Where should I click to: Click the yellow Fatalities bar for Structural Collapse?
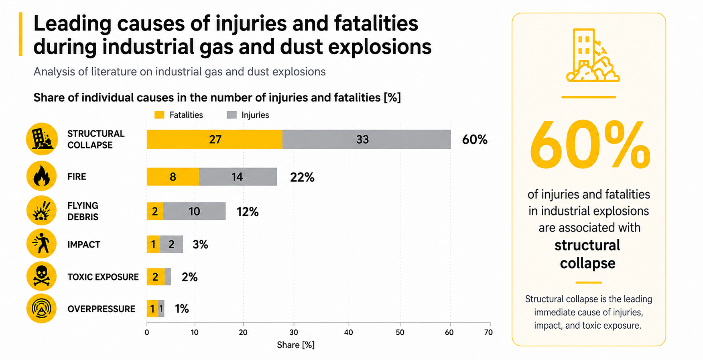pos(214,139)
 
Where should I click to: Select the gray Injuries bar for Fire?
pos(238,177)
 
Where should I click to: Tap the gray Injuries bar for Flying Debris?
pos(194,211)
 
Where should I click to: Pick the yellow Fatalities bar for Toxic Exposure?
pos(156,277)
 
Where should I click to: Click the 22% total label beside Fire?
pos(302,177)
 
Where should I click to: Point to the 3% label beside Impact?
pos(200,244)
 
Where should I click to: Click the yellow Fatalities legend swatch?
pos(159,115)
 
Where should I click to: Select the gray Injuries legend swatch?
pos(232,115)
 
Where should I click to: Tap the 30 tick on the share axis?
pos(294,332)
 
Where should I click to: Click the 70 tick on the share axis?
pos(488,332)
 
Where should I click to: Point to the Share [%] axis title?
pos(296,345)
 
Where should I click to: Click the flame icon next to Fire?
pos(42,176)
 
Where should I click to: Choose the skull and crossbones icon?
pos(42,276)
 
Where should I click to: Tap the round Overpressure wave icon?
pos(42,309)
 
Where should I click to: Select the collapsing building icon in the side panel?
pos(593,55)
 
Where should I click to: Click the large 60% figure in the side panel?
pos(589,145)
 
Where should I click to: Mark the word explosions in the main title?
pos(380,47)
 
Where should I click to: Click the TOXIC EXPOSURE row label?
pos(103,277)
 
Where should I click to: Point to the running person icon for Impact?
pos(42,243)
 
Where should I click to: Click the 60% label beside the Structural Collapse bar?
pos(475,140)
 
